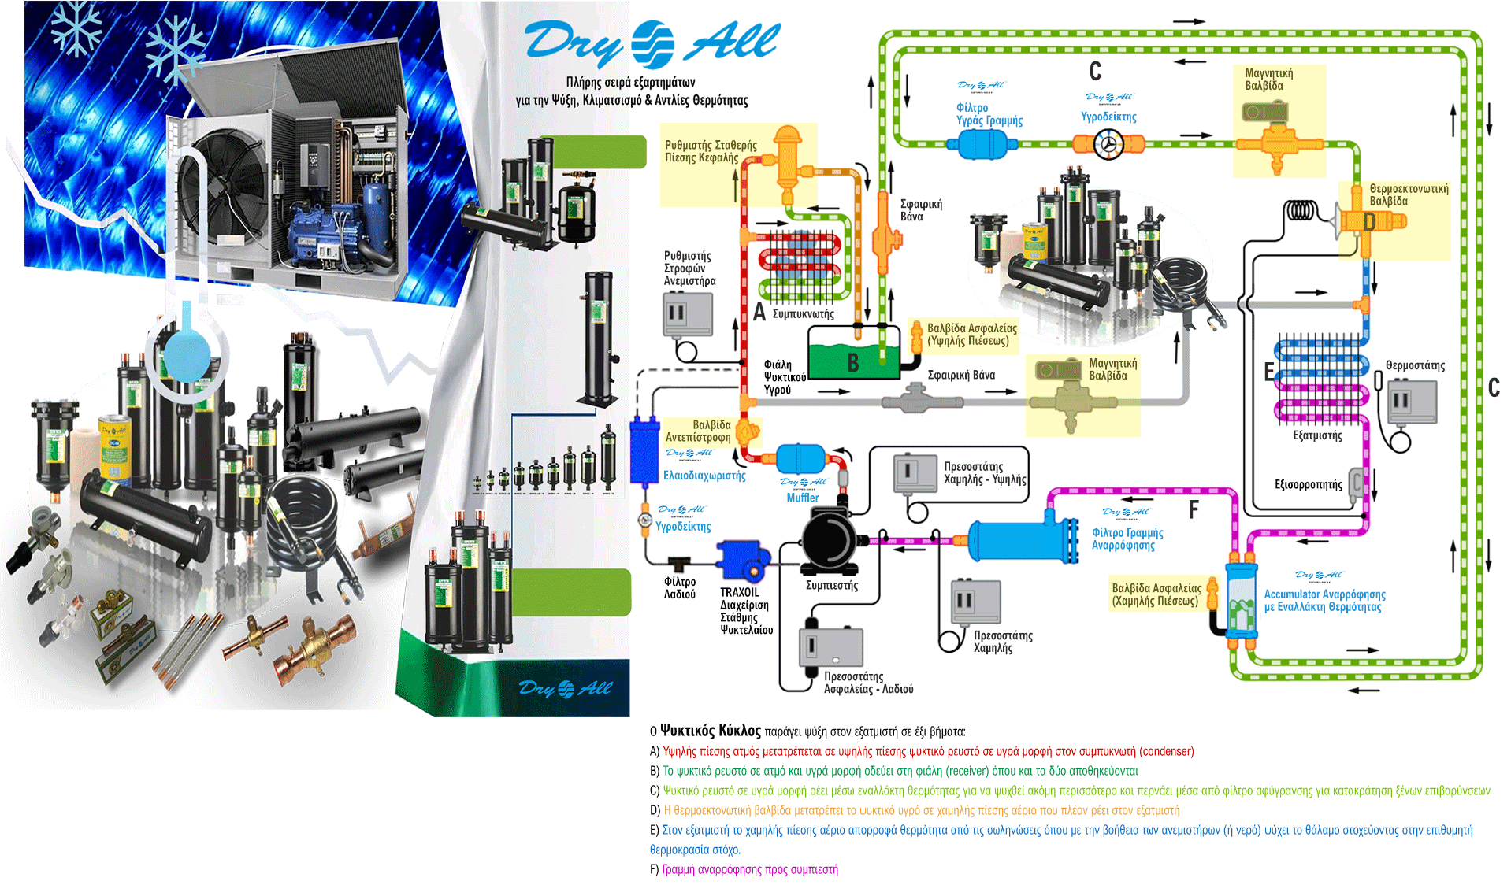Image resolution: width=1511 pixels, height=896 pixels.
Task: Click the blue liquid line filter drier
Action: pos(980,144)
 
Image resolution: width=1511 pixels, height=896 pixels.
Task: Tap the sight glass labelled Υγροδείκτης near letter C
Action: pos(1108,144)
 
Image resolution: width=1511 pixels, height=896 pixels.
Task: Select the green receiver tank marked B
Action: pos(853,360)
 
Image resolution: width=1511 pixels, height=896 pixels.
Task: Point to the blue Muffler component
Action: pos(800,459)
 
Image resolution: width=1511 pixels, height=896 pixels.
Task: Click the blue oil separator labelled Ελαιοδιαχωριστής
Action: pos(643,451)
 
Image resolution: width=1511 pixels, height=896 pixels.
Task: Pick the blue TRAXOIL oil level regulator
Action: pos(742,558)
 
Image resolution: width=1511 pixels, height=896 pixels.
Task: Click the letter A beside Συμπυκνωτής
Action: pos(759,313)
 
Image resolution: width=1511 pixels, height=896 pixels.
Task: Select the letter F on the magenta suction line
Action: pos(1194,510)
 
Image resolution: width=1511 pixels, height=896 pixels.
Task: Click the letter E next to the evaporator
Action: pos(1268,372)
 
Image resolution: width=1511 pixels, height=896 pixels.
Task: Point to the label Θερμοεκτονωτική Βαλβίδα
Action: pos(1409,194)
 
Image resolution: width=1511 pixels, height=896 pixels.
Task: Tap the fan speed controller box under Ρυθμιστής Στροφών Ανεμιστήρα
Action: pos(687,313)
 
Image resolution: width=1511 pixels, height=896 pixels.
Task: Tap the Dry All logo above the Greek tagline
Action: pos(652,43)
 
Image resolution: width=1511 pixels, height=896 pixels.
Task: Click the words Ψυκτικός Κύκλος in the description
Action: pos(711,730)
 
